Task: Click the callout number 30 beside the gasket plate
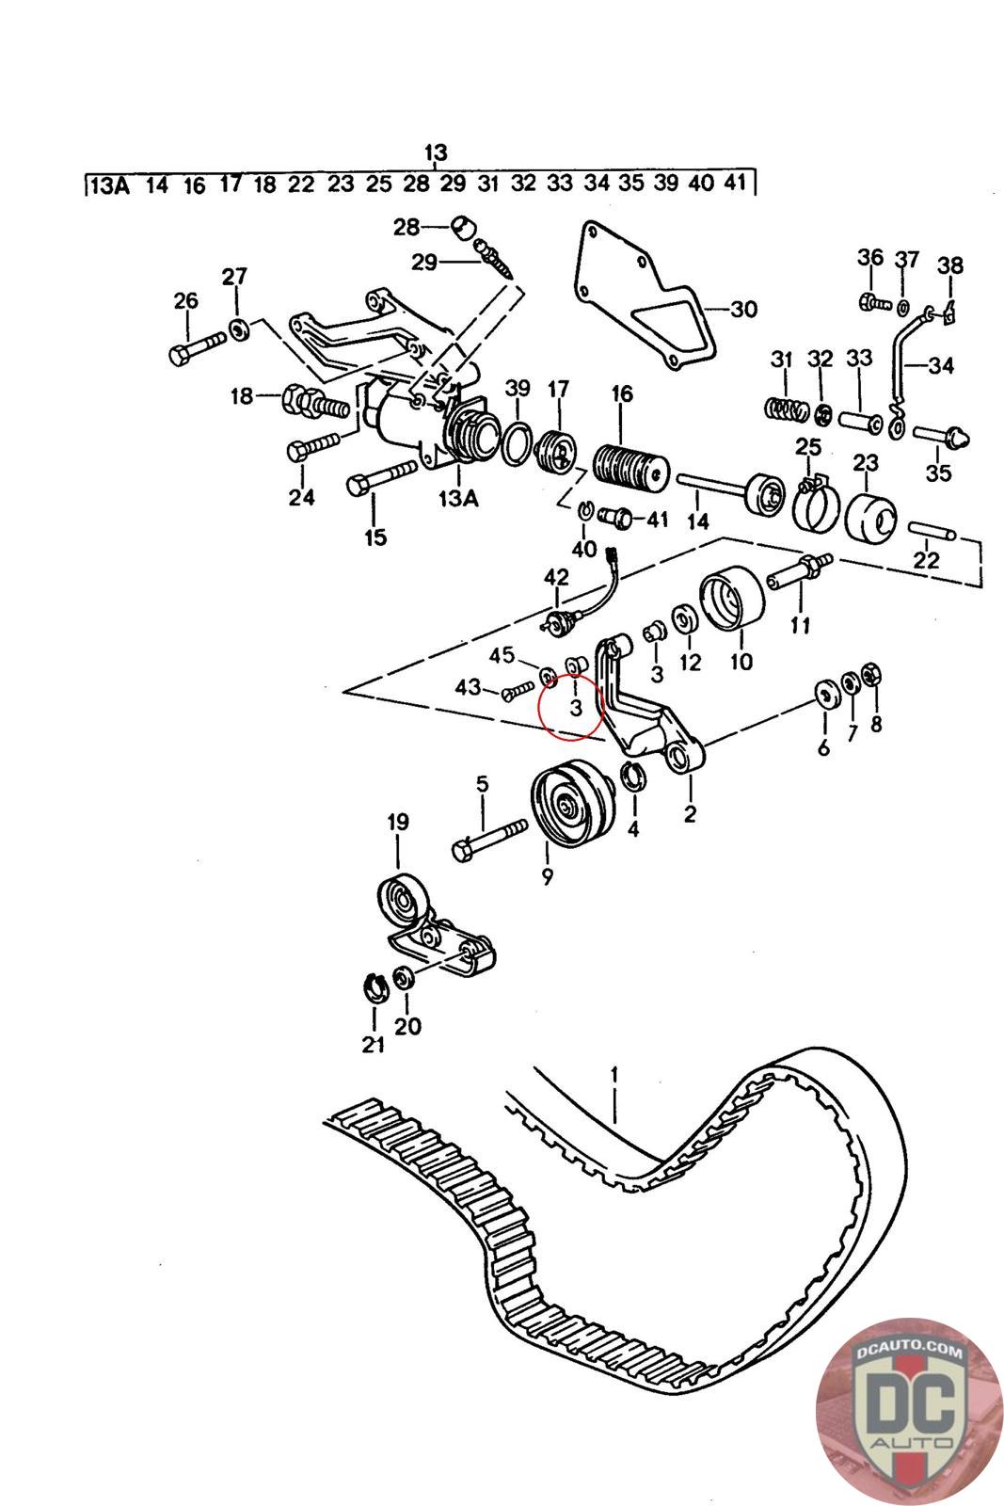point(743,310)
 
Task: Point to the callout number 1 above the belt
point(614,1074)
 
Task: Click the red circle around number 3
point(570,706)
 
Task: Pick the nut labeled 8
point(870,674)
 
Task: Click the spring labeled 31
point(784,409)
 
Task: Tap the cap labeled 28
point(462,228)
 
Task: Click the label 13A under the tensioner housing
point(457,498)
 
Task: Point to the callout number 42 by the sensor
point(557,577)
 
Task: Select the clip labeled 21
point(376,989)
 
